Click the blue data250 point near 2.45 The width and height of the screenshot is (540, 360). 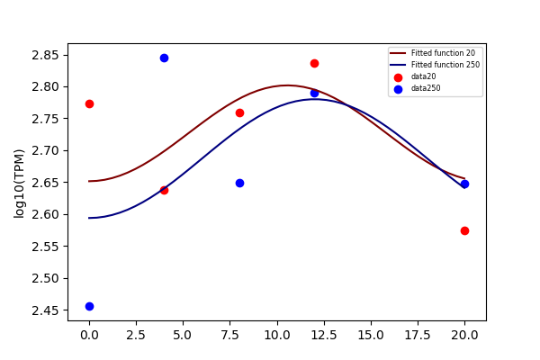click(89, 306)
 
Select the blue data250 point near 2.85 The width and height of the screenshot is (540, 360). click(165, 58)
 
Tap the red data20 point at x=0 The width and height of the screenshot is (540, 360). click(89, 104)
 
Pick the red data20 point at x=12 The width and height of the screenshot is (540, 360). click(314, 63)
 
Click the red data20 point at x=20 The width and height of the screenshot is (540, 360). click(464, 230)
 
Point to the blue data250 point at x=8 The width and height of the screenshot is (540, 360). click(239, 183)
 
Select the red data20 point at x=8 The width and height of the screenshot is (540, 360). click(239, 113)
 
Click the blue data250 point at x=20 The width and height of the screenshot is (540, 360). click(464, 184)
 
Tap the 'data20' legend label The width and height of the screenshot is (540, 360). click(424, 76)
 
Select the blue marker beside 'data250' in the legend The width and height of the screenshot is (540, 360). click(398, 90)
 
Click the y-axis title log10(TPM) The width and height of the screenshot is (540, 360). click(19, 184)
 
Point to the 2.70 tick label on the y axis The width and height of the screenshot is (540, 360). click(46, 150)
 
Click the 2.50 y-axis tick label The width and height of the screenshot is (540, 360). click(46, 278)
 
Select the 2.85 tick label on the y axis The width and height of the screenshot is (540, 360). click(46, 55)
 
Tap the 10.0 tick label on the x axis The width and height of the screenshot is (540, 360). click(277, 335)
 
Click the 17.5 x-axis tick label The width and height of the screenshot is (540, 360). click(418, 335)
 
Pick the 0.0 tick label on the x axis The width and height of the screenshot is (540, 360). click(89, 335)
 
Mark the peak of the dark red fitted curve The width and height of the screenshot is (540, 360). click(288, 85)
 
